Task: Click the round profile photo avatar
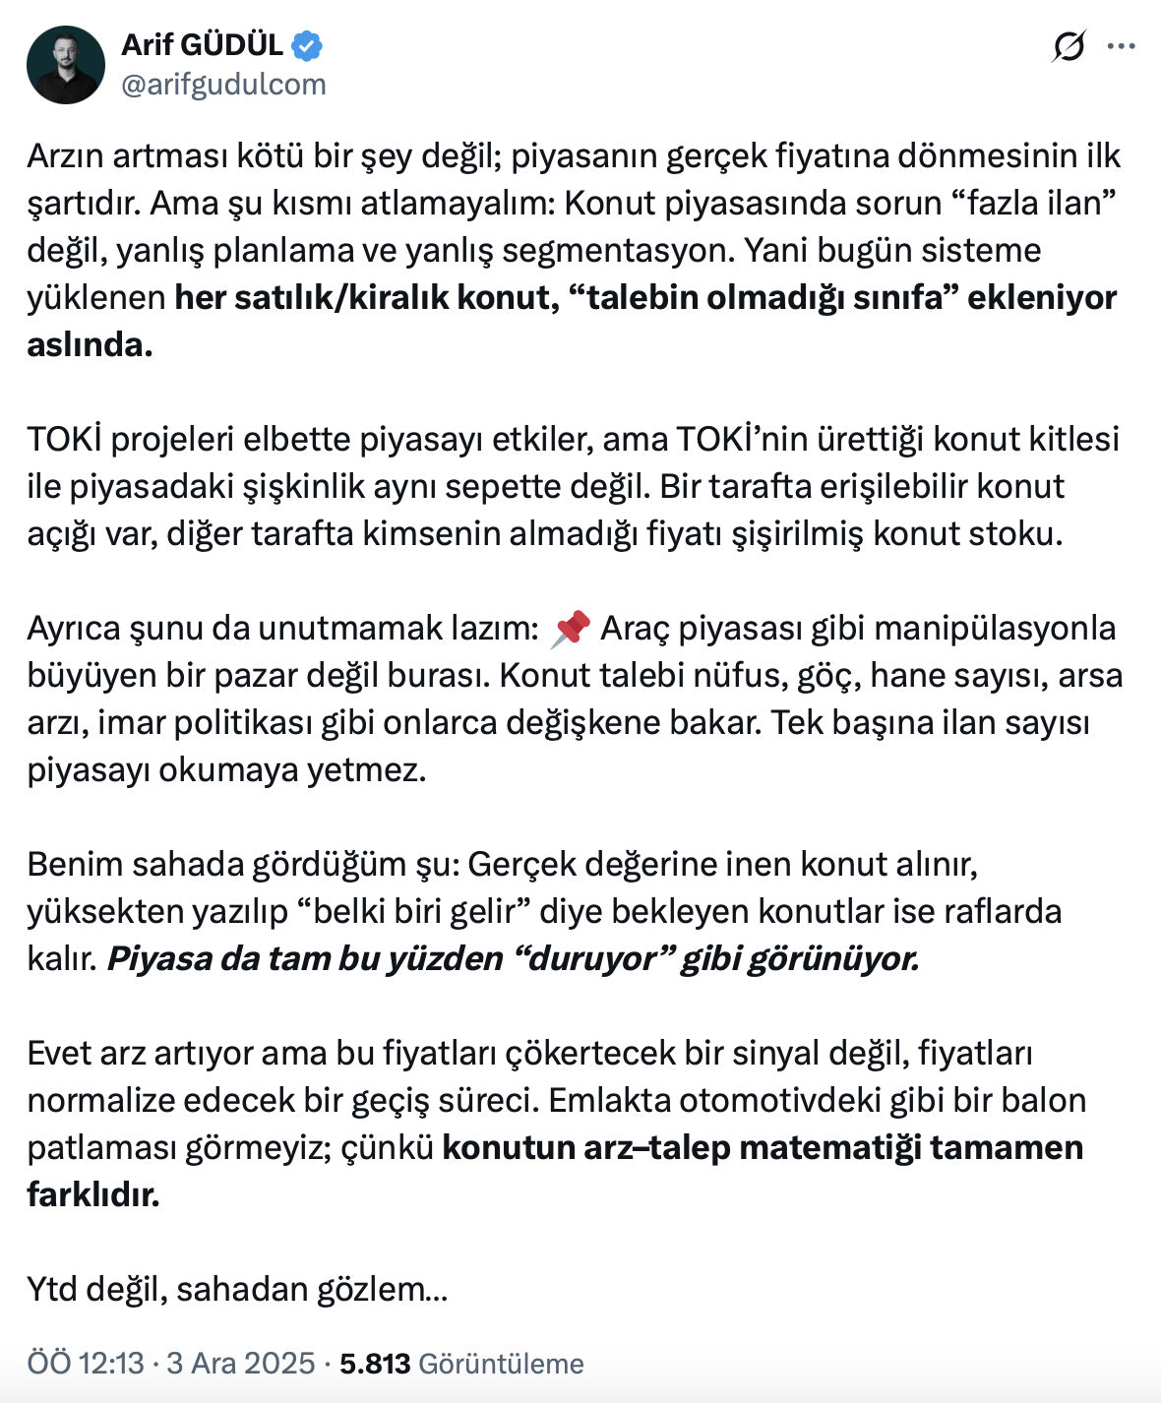66,65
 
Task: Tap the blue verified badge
307,45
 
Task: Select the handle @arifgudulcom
223,85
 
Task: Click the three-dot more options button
1121,46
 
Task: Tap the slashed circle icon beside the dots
1069,46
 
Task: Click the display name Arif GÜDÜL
202,44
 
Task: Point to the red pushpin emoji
571,629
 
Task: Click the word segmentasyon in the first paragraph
618,250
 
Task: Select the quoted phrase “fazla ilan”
1034,203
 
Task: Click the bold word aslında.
90,344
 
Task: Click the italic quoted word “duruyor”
591,958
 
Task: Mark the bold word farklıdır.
93,1194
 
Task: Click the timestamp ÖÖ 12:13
86,1364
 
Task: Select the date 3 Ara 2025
240,1364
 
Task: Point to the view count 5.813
375,1364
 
